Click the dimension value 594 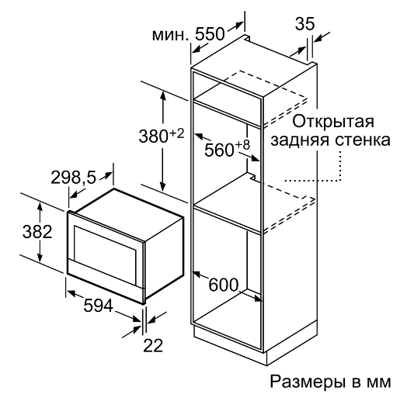click(x=98, y=306)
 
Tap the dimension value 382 click(x=37, y=232)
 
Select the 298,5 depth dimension click(x=74, y=178)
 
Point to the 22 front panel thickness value click(x=153, y=345)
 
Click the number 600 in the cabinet click(x=223, y=285)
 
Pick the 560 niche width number click(x=219, y=150)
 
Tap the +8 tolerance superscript click(x=242, y=145)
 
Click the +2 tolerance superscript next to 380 click(x=176, y=133)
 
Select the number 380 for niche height click(x=154, y=136)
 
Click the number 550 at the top click(x=210, y=34)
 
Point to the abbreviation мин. click(x=170, y=36)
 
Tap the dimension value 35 click(x=304, y=24)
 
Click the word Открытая click(x=333, y=121)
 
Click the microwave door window click(x=105, y=246)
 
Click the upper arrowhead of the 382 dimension click(x=40, y=206)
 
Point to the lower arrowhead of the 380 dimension click(x=163, y=186)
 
